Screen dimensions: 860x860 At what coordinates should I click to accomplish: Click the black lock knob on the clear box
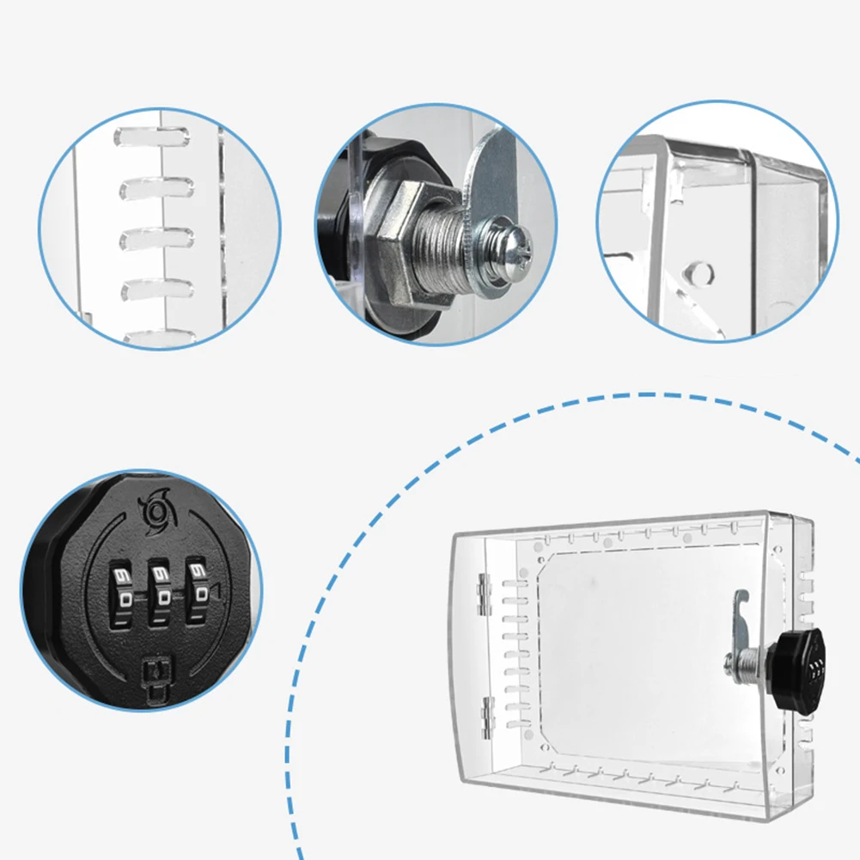[797, 669]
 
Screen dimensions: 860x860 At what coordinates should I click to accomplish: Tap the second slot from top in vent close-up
[156, 186]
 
